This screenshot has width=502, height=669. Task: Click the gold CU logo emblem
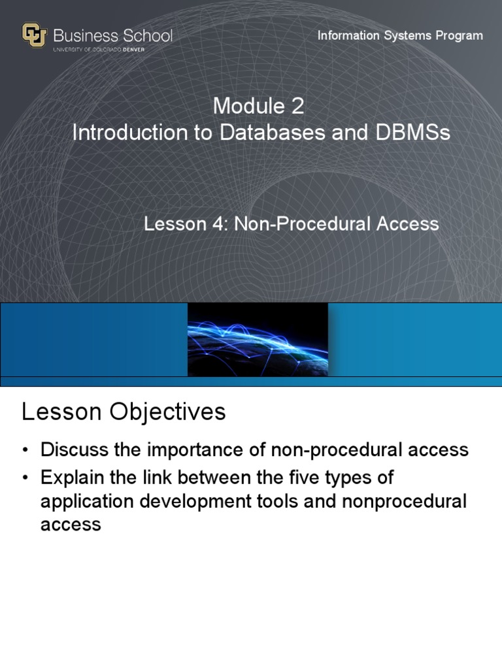pyautogui.click(x=34, y=35)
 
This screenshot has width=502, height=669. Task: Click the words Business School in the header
pyautogui.click(x=113, y=35)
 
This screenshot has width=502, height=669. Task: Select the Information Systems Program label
pyautogui.click(x=400, y=35)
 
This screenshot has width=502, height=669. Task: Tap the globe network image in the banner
pyautogui.click(x=258, y=340)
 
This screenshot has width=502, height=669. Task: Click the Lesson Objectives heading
pyautogui.click(x=124, y=412)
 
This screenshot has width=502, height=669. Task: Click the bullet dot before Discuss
pyautogui.click(x=25, y=450)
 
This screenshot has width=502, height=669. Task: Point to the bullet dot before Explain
pyautogui.click(x=25, y=478)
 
